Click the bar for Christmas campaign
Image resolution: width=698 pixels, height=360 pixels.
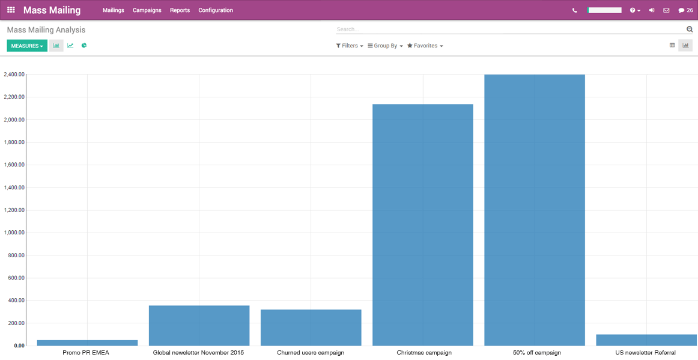click(422, 225)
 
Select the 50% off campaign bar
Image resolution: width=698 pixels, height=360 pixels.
click(535, 210)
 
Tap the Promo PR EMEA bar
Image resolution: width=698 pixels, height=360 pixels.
click(87, 343)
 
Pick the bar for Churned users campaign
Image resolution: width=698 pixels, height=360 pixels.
click(311, 328)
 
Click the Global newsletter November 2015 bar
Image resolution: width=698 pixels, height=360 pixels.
click(199, 325)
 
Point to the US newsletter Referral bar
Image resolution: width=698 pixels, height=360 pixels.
click(646, 340)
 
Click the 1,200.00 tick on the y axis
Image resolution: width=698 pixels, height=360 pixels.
click(14, 210)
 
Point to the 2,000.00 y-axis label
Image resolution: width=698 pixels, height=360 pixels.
click(14, 120)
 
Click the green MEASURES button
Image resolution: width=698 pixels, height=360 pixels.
click(27, 46)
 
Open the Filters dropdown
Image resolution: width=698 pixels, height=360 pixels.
click(350, 46)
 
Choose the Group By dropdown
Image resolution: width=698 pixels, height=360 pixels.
click(385, 46)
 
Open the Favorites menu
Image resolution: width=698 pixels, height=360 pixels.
click(425, 46)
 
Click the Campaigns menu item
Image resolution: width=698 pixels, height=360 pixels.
click(147, 10)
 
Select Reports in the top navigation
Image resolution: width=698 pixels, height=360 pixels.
click(180, 10)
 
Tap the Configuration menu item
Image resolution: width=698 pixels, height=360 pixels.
click(216, 10)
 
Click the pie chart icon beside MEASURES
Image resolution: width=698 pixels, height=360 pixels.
click(84, 46)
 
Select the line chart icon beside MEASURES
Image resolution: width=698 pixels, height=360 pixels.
click(70, 46)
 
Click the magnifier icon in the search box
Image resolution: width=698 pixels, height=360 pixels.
click(690, 29)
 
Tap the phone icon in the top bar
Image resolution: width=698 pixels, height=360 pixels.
click(575, 10)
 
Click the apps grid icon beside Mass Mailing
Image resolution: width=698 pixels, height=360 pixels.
click(11, 10)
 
